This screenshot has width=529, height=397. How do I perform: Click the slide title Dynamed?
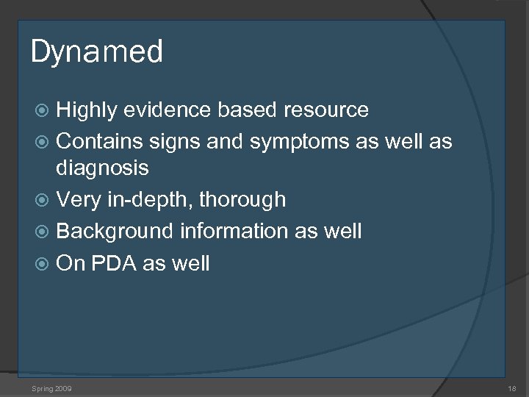pos(96,53)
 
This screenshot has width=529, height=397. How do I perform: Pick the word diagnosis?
pos(102,169)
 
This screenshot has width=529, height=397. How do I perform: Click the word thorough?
pos(243,200)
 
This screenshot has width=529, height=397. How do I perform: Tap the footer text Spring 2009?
pos(51,387)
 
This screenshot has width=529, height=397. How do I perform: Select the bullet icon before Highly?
pos(43,111)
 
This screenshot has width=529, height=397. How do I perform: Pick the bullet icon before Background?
pos(43,232)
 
